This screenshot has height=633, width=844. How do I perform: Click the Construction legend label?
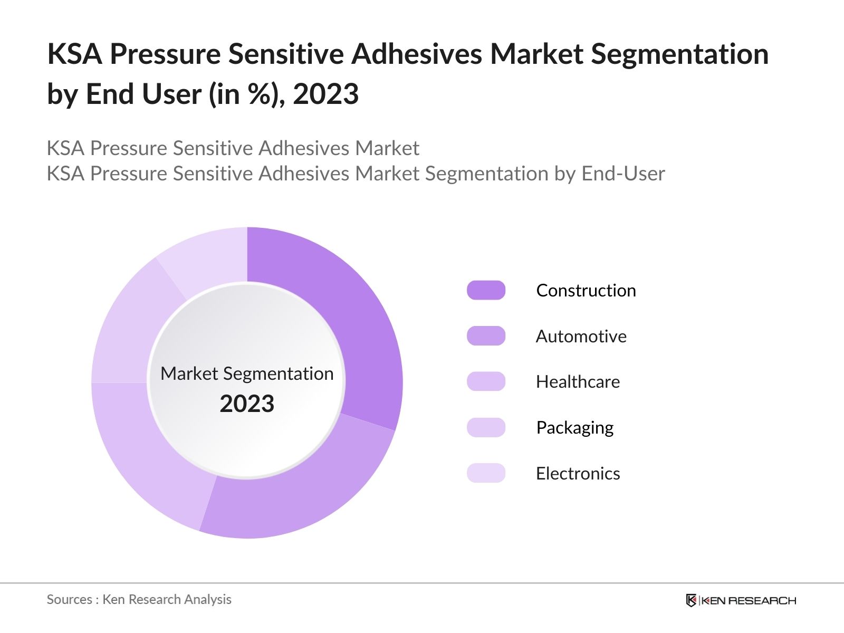[x=586, y=291]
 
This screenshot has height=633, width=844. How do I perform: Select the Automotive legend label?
[x=581, y=336]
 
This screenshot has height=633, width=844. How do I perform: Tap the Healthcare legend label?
[x=578, y=382]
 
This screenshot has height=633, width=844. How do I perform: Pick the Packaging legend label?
[x=574, y=427]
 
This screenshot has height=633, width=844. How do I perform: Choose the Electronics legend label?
[x=578, y=473]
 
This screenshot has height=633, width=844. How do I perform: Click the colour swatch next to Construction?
[x=486, y=291]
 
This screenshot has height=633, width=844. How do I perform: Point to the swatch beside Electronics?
[x=486, y=473]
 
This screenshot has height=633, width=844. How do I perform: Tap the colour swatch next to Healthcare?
[x=486, y=382]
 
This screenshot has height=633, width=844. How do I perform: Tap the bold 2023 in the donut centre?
[x=247, y=404]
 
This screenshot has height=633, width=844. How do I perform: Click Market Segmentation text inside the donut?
[x=247, y=373]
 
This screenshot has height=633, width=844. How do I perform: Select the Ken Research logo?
[x=741, y=600]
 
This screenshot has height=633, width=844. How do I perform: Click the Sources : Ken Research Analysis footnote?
[x=139, y=599]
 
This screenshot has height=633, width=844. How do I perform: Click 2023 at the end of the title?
[x=325, y=94]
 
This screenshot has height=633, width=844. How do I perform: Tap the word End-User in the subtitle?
[x=623, y=174]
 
